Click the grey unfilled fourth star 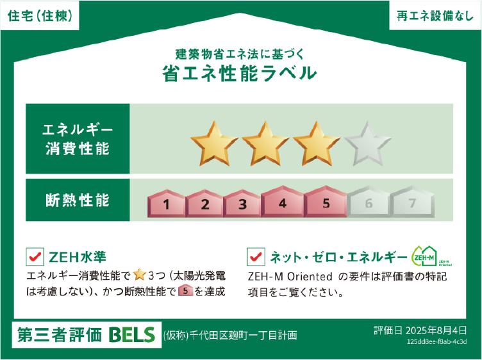[x=367, y=143]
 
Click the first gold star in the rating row [x=210, y=143]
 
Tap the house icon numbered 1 [x=166, y=203]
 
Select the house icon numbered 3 [x=242, y=203]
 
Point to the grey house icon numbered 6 [x=368, y=203]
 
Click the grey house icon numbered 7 [x=412, y=203]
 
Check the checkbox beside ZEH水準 [x=35, y=257]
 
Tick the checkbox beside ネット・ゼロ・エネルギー [x=256, y=257]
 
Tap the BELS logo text [x=132, y=334]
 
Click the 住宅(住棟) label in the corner [x=40, y=17]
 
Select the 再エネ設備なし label [x=434, y=17]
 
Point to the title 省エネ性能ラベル [x=240, y=72]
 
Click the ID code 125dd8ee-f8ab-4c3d [x=441, y=342]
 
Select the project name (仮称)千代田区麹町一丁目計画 [x=231, y=335]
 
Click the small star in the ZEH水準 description [x=140, y=275]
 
